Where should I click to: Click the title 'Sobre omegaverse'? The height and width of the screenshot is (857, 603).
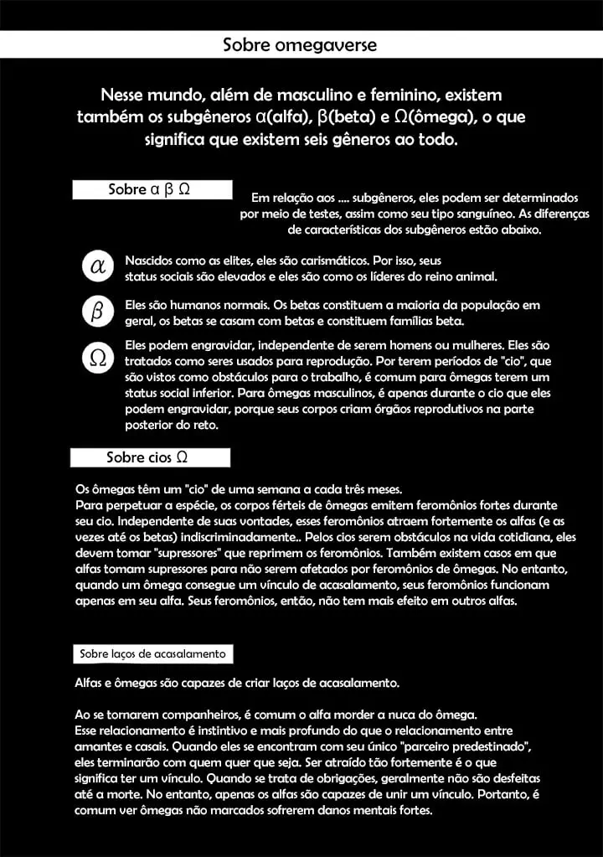300,44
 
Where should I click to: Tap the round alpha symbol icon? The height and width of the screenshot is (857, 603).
97,267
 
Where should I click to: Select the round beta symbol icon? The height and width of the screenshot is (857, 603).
97,313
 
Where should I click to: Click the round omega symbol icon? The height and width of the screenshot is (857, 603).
97,359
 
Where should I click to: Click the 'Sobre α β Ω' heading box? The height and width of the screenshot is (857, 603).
151,189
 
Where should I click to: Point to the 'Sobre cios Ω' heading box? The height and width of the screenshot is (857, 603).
149,457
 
